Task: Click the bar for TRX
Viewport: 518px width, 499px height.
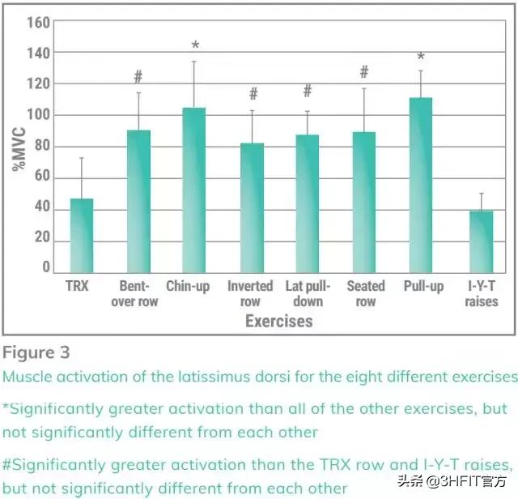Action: coord(82,235)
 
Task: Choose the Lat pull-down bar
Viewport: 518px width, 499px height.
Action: coord(308,203)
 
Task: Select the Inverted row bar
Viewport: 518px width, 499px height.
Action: coord(252,207)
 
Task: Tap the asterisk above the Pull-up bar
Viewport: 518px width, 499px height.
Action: coord(421,58)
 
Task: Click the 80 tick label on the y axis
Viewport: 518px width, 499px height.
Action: coord(41,147)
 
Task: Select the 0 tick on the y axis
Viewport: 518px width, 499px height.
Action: coord(46,267)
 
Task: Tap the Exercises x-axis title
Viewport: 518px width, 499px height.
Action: coord(279,322)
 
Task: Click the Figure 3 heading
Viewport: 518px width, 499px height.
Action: coord(36,352)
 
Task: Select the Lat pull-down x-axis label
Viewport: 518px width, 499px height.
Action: coord(308,293)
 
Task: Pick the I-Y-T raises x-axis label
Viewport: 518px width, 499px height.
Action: coord(481,293)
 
